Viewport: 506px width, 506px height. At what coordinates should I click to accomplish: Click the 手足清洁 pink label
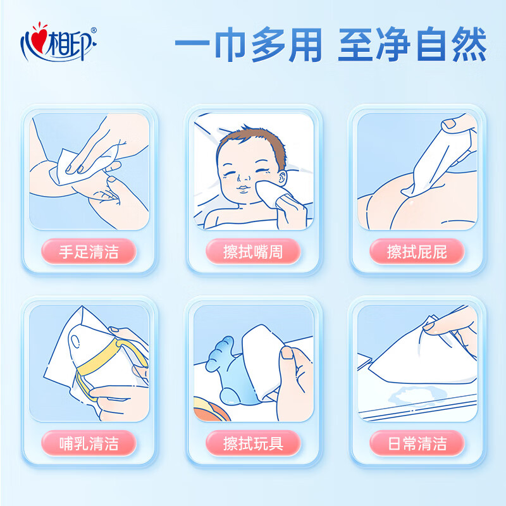(89, 252)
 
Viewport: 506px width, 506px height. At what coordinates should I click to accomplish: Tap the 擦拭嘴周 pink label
(253, 252)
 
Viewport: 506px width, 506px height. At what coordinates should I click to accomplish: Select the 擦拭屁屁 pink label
(417, 252)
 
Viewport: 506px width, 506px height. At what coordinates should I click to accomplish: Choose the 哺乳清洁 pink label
(89, 443)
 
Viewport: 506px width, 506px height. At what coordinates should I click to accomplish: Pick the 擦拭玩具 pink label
(253, 443)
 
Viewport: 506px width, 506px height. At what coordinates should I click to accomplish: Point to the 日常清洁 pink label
(417, 443)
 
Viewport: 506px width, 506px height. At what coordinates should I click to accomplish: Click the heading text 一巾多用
(248, 44)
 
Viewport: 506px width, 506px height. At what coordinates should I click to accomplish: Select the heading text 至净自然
(412, 44)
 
